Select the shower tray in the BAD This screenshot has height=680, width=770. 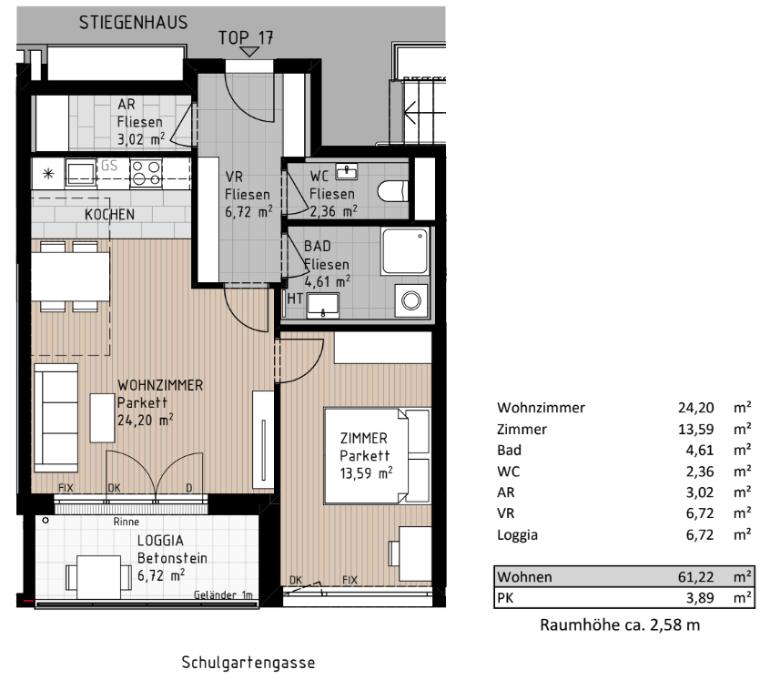click(403, 249)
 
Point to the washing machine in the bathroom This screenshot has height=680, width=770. click(412, 299)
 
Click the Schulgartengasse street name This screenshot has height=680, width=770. click(249, 662)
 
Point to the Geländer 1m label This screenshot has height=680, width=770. click(223, 594)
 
